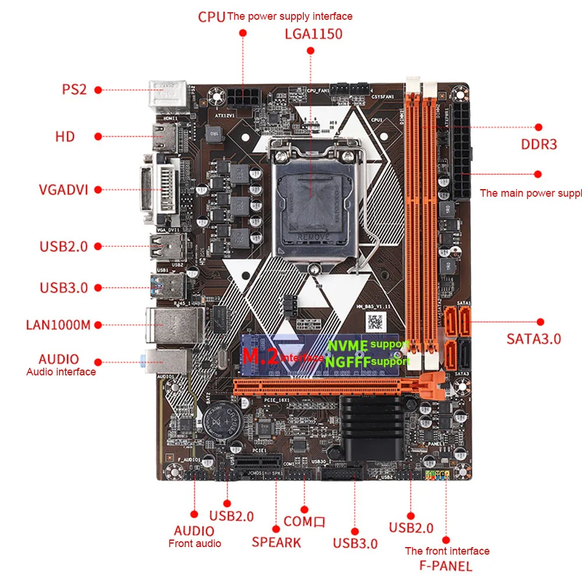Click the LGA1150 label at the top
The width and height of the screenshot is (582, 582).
[x=313, y=33]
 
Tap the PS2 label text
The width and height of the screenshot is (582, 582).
[x=74, y=90]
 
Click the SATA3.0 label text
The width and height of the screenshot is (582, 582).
[x=534, y=339]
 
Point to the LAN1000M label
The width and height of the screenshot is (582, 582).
[x=58, y=324]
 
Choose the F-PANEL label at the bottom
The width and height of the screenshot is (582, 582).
[x=446, y=565]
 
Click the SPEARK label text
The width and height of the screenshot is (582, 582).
[x=276, y=542]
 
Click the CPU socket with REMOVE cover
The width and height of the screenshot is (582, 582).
[x=312, y=195]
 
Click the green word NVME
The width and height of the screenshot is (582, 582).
[x=348, y=345]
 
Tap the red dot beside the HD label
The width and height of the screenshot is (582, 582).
[x=98, y=136]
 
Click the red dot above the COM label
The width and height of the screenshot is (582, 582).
[x=303, y=508]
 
